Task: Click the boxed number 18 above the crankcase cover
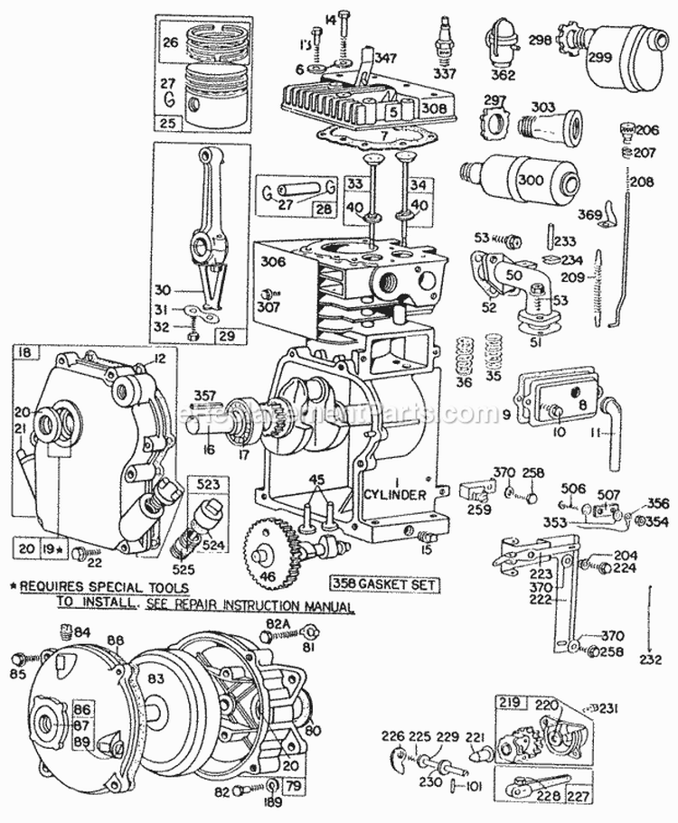23,351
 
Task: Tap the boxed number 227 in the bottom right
576,797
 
